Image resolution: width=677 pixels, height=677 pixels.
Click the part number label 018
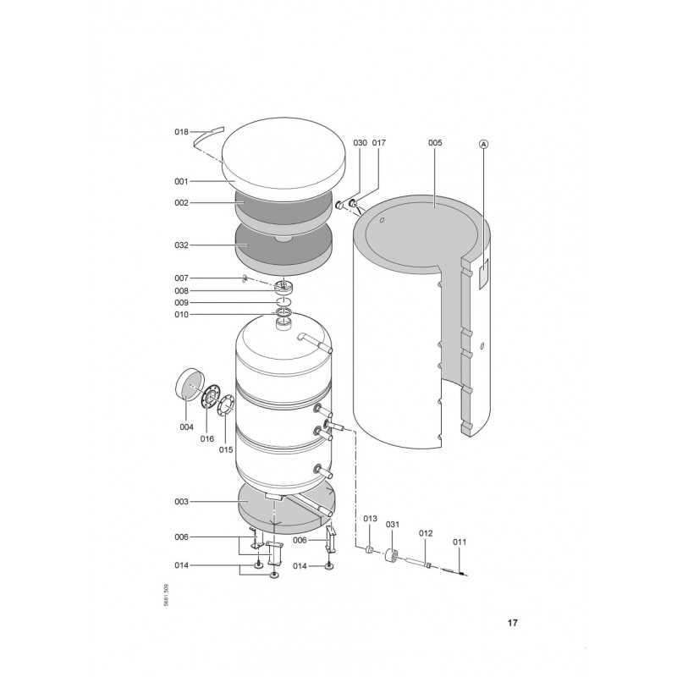click(x=181, y=132)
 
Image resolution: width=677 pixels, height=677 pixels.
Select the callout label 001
click(x=181, y=182)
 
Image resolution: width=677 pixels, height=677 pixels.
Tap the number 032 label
click(x=181, y=245)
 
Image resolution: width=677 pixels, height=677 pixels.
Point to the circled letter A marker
click(x=484, y=144)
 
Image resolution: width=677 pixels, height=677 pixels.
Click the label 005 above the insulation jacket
click(x=435, y=143)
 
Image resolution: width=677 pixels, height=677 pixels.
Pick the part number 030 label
click(x=361, y=143)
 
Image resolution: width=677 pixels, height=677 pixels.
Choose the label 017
click(x=378, y=143)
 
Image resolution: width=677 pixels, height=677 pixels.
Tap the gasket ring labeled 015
click(x=227, y=407)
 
